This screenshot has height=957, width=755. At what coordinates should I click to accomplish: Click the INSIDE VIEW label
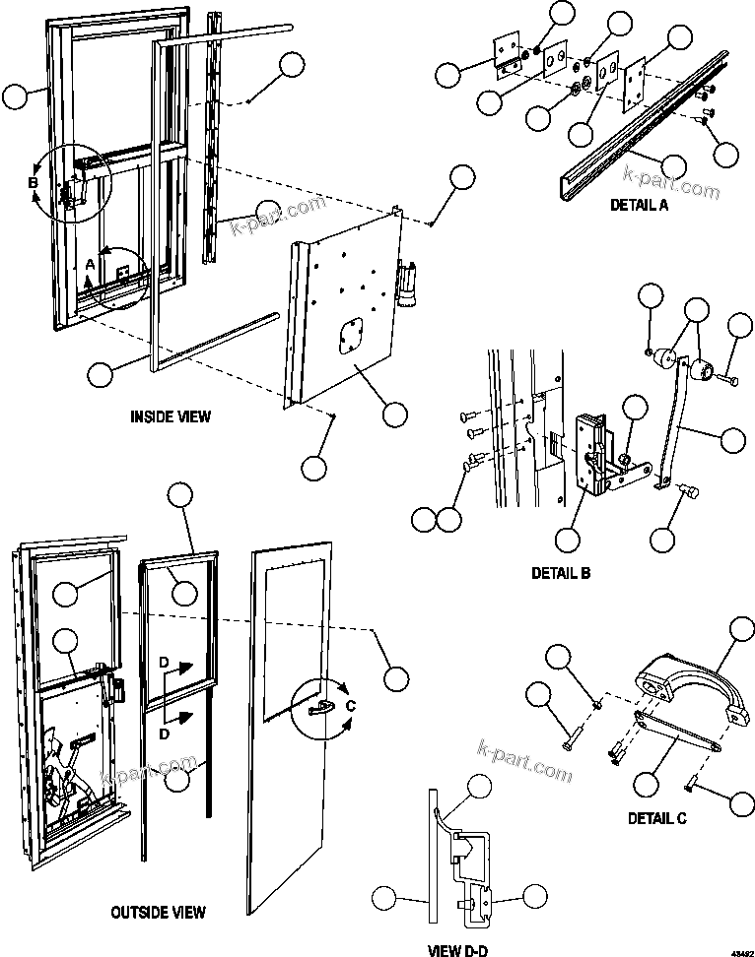171,416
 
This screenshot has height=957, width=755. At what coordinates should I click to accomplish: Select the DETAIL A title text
640,205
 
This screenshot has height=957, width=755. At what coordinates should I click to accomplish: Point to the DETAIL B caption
561,572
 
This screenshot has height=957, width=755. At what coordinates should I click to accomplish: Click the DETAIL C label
657,817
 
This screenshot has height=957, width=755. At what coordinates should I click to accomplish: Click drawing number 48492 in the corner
738,947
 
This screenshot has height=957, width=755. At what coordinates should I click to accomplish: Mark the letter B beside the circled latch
33,183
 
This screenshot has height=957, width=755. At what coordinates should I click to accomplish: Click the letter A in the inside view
90,265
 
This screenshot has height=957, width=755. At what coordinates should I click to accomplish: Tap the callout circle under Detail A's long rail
673,165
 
